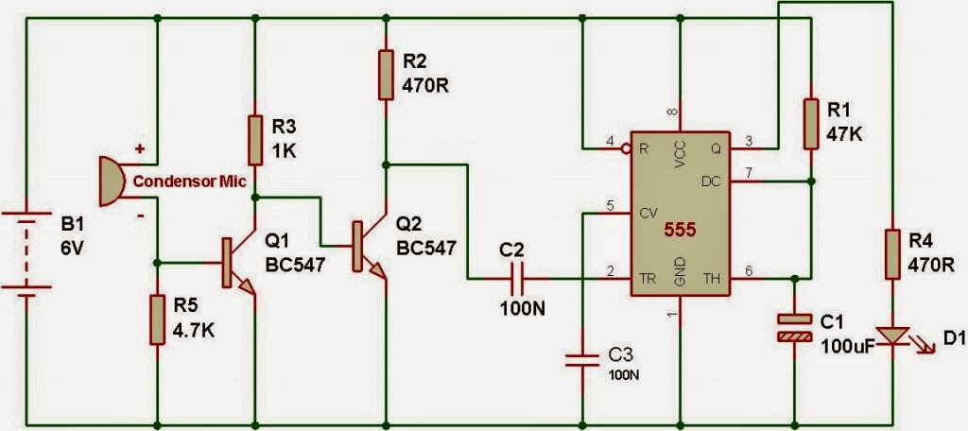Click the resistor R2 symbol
pos(386,75)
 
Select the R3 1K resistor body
pos(255,140)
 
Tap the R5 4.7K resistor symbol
pos(156,319)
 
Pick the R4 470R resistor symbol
pos(890,253)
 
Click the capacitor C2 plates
pos(516,279)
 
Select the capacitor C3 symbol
pos(581,357)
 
